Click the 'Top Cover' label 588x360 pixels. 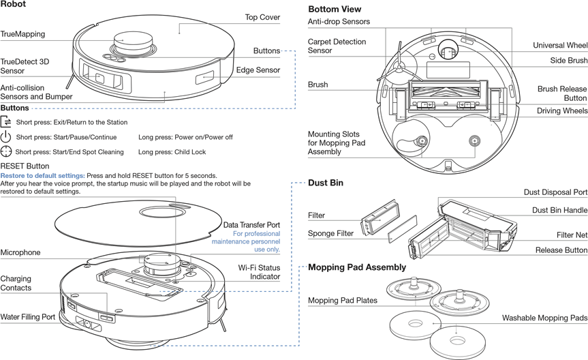tap(262, 17)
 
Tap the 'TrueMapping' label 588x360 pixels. tap(23, 33)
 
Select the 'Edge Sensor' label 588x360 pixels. tap(258, 70)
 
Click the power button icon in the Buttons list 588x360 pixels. tap(7, 136)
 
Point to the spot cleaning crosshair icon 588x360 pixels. tap(7, 151)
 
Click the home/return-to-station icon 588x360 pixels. tap(7, 121)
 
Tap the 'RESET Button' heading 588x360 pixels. tap(25, 166)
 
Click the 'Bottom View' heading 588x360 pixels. tap(335, 10)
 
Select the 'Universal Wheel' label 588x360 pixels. tap(560, 46)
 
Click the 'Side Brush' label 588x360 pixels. tap(568, 61)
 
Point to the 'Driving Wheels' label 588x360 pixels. tap(561, 111)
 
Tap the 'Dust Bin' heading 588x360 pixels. tap(326, 183)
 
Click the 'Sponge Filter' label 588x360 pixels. tap(330, 234)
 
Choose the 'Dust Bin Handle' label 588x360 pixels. tap(559, 211)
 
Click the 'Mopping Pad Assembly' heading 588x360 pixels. tap(357, 267)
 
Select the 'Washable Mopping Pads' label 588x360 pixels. tap(544, 318)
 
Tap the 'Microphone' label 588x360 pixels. tap(20, 253)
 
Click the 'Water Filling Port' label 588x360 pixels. tap(28, 317)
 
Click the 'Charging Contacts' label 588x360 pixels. tap(16, 284)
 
